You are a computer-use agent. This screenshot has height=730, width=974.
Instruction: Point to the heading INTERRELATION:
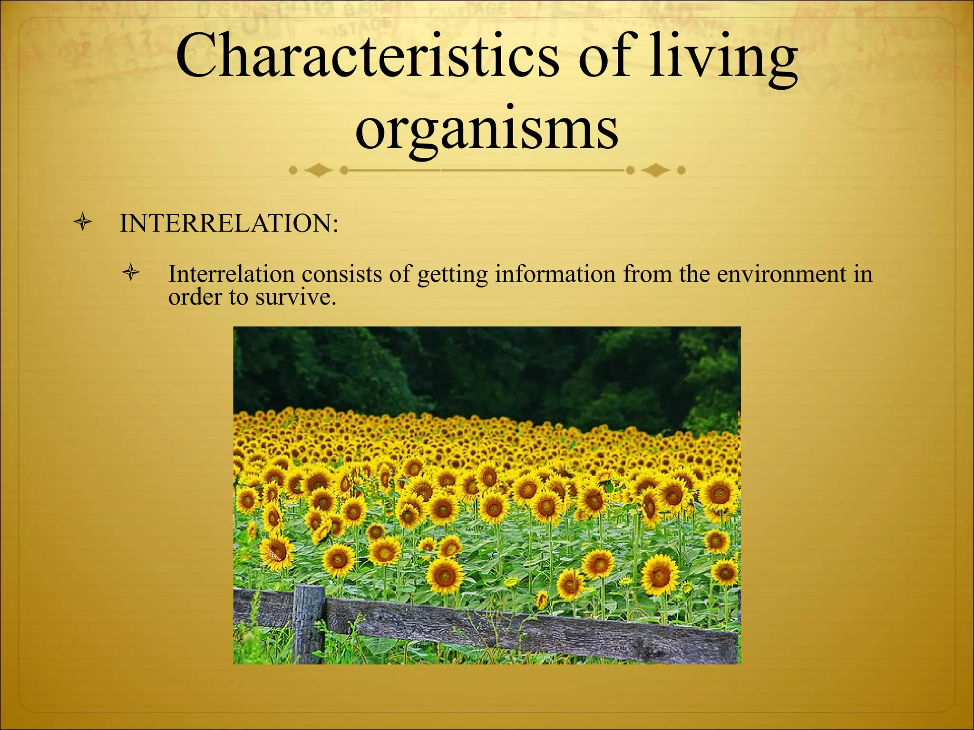click(229, 223)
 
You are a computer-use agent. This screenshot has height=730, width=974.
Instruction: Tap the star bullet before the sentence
click(130, 273)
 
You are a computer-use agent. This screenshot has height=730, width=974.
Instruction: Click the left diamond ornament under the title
click(318, 170)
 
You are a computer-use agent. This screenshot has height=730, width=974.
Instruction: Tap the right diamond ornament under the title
click(656, 170)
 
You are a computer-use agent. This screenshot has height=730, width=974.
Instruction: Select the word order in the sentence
click(195, 298)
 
